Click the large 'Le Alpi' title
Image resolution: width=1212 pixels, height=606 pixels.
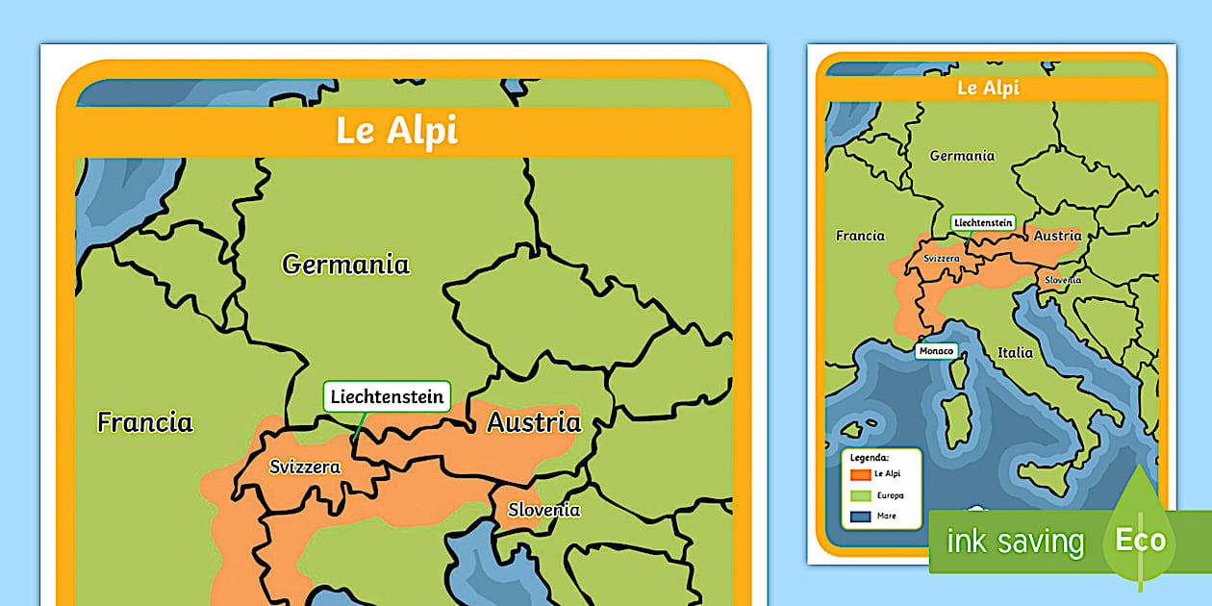click(x=396, y=131)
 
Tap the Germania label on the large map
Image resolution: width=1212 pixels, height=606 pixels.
click(x=345, y=264)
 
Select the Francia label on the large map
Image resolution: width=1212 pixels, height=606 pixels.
click(x=145, y=421)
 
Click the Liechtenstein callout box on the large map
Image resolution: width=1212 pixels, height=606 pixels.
click(x=387, y=396)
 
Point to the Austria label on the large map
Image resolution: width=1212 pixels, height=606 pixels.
click(x=534, y=421)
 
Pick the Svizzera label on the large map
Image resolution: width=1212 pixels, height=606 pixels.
click(x=305, y=467)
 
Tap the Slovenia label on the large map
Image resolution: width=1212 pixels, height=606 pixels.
click(x=544, y=510)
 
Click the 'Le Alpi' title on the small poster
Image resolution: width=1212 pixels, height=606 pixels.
click(x=988, y=88)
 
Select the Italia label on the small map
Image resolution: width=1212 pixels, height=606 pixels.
click(x=1015, y=352)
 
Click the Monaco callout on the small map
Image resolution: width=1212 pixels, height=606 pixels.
click(x=936, y=351)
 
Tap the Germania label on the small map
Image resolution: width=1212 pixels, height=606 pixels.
click(x=962, y=156)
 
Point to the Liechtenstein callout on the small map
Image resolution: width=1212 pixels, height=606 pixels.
click(x=983, y=222)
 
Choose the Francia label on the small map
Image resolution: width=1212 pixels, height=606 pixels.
click(x=860, y=236)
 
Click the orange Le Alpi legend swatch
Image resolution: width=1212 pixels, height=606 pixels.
click(x=860, y=474)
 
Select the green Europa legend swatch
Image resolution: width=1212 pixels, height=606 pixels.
click(x=860, y=496)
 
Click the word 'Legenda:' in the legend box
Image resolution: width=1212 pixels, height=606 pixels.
click(x=870, y=458)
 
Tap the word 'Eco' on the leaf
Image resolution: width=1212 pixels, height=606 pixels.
click(x=1140, y=540)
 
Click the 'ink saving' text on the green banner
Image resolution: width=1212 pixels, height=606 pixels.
click(x=1015, y=542)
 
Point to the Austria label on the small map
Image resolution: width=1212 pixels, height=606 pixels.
click(x=1057, y=236)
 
